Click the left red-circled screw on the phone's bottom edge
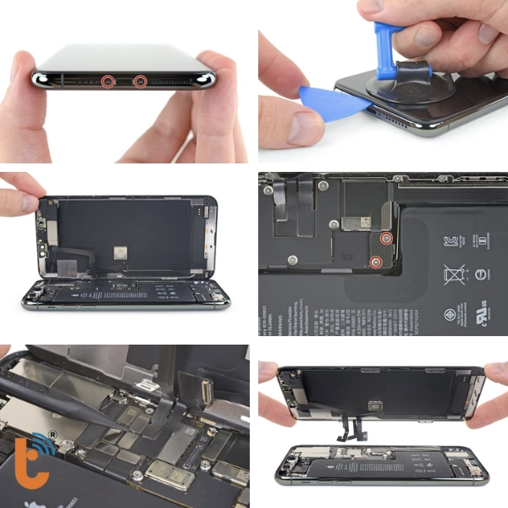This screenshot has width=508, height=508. point(108,81)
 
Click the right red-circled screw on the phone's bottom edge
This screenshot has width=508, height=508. point(141,81)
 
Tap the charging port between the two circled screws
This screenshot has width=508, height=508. point(124,82)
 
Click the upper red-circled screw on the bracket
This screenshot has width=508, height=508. point(385,240)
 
